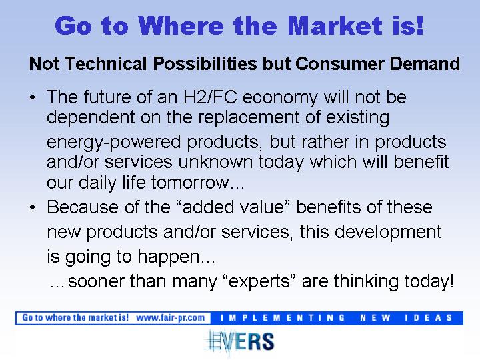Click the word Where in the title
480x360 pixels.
coord(181,25)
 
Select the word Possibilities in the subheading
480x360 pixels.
coord(205,64)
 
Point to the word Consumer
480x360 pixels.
coord(339,64)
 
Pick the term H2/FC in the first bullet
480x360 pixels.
coord(210,97)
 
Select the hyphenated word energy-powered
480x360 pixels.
coord(113,143)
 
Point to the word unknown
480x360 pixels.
coord(215,161)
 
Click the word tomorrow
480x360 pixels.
coord(190,183)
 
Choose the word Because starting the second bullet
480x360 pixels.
coord(83,207)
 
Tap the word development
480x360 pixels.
coord(388,233)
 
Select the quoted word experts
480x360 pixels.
coord(258,281)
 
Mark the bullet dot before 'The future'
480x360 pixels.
coord(33,98)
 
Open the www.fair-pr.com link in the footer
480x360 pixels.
coord(170,318)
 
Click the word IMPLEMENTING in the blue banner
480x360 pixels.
coord(283,318)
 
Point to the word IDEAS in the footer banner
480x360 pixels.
coord(428,318)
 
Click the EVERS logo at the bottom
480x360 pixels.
coord(239,342)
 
